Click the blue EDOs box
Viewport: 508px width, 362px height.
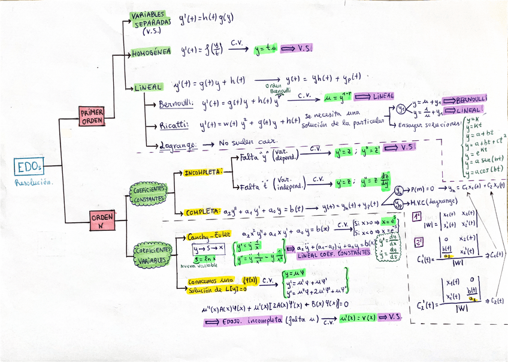coord(29,166)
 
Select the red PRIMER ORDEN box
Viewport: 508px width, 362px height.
coord(92,116)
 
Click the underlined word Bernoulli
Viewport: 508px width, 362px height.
coord(176,104)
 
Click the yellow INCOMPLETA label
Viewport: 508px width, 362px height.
coord(203,173)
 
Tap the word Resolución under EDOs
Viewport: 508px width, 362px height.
coord(34,182)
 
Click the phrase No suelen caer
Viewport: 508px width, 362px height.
coord(248,143)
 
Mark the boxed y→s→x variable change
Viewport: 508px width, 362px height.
coord(208,248)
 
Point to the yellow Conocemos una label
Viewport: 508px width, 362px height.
coord(210,281)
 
